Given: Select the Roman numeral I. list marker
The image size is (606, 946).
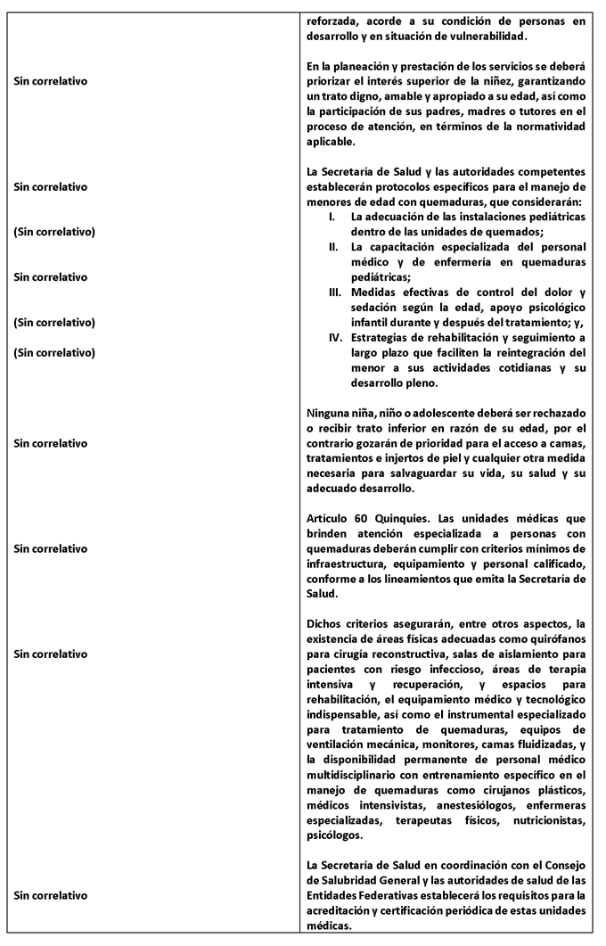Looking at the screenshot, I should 333,217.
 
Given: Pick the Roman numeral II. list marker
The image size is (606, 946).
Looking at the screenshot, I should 333,247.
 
